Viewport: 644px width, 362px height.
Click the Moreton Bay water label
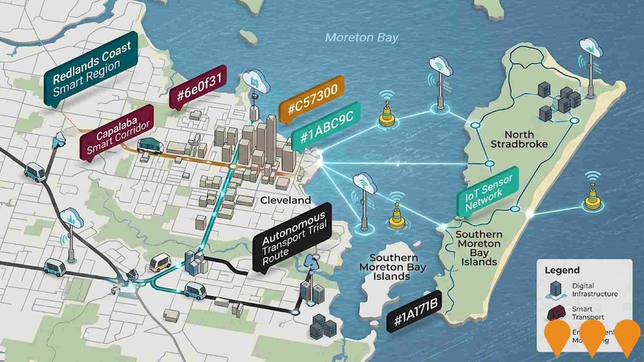click(x=362, y=38)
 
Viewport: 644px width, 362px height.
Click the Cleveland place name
click(x=285, y=200)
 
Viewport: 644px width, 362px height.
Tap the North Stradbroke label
click(x=519, y=139)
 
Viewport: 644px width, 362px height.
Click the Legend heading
click(x=562, y=270)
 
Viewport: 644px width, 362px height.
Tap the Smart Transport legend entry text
click(x=588, y=313)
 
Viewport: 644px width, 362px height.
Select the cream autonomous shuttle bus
click(x=160, y=262)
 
